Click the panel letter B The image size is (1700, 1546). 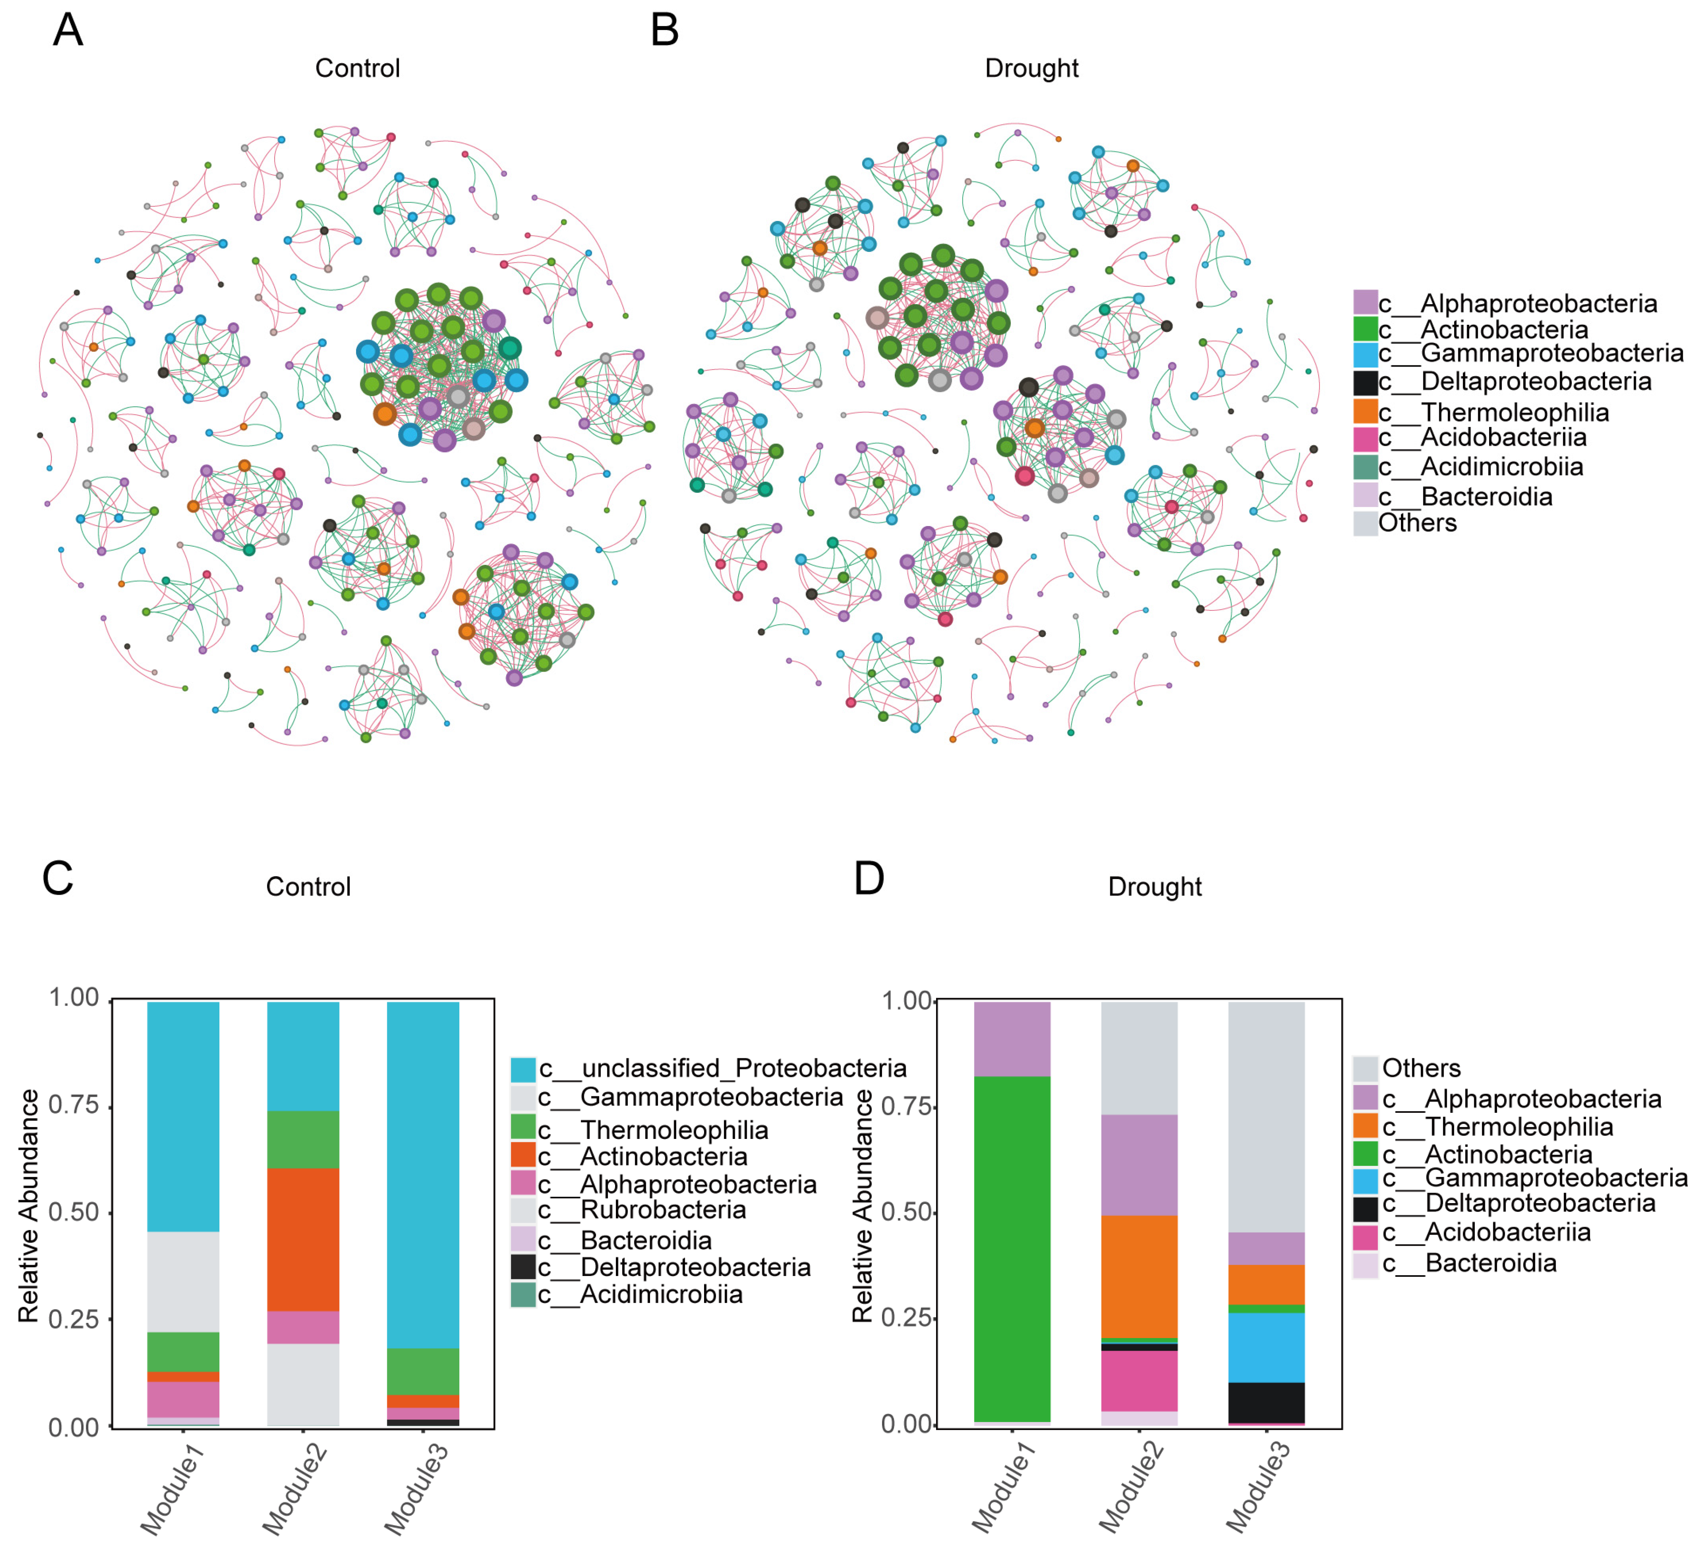[664, 30]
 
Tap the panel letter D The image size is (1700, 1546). [869, 878]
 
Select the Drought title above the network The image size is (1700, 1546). [1031, 68]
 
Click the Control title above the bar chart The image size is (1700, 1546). [308, 886]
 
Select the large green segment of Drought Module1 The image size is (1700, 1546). [1012, 1248]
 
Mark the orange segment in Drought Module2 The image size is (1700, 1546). [1139, 1276]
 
